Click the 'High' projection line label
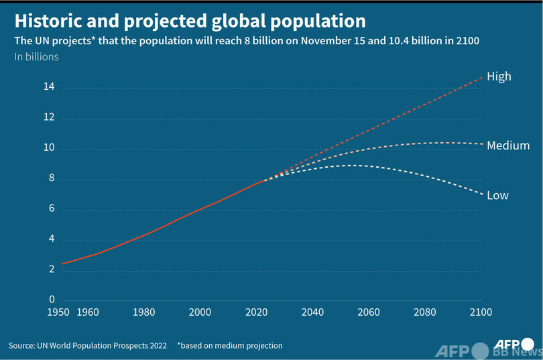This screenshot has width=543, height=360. point(499,76)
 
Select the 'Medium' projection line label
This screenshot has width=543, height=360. point(508,145)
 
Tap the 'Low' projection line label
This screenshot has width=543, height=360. point(497,196)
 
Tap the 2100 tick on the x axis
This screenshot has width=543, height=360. point(481,312)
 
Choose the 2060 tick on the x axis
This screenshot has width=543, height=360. point(369,312)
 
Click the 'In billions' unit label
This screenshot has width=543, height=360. point(37,57)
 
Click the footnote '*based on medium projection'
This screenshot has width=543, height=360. point(230,346)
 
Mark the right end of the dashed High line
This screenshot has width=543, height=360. point(481,77)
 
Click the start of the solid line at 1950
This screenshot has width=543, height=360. point(62,263)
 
